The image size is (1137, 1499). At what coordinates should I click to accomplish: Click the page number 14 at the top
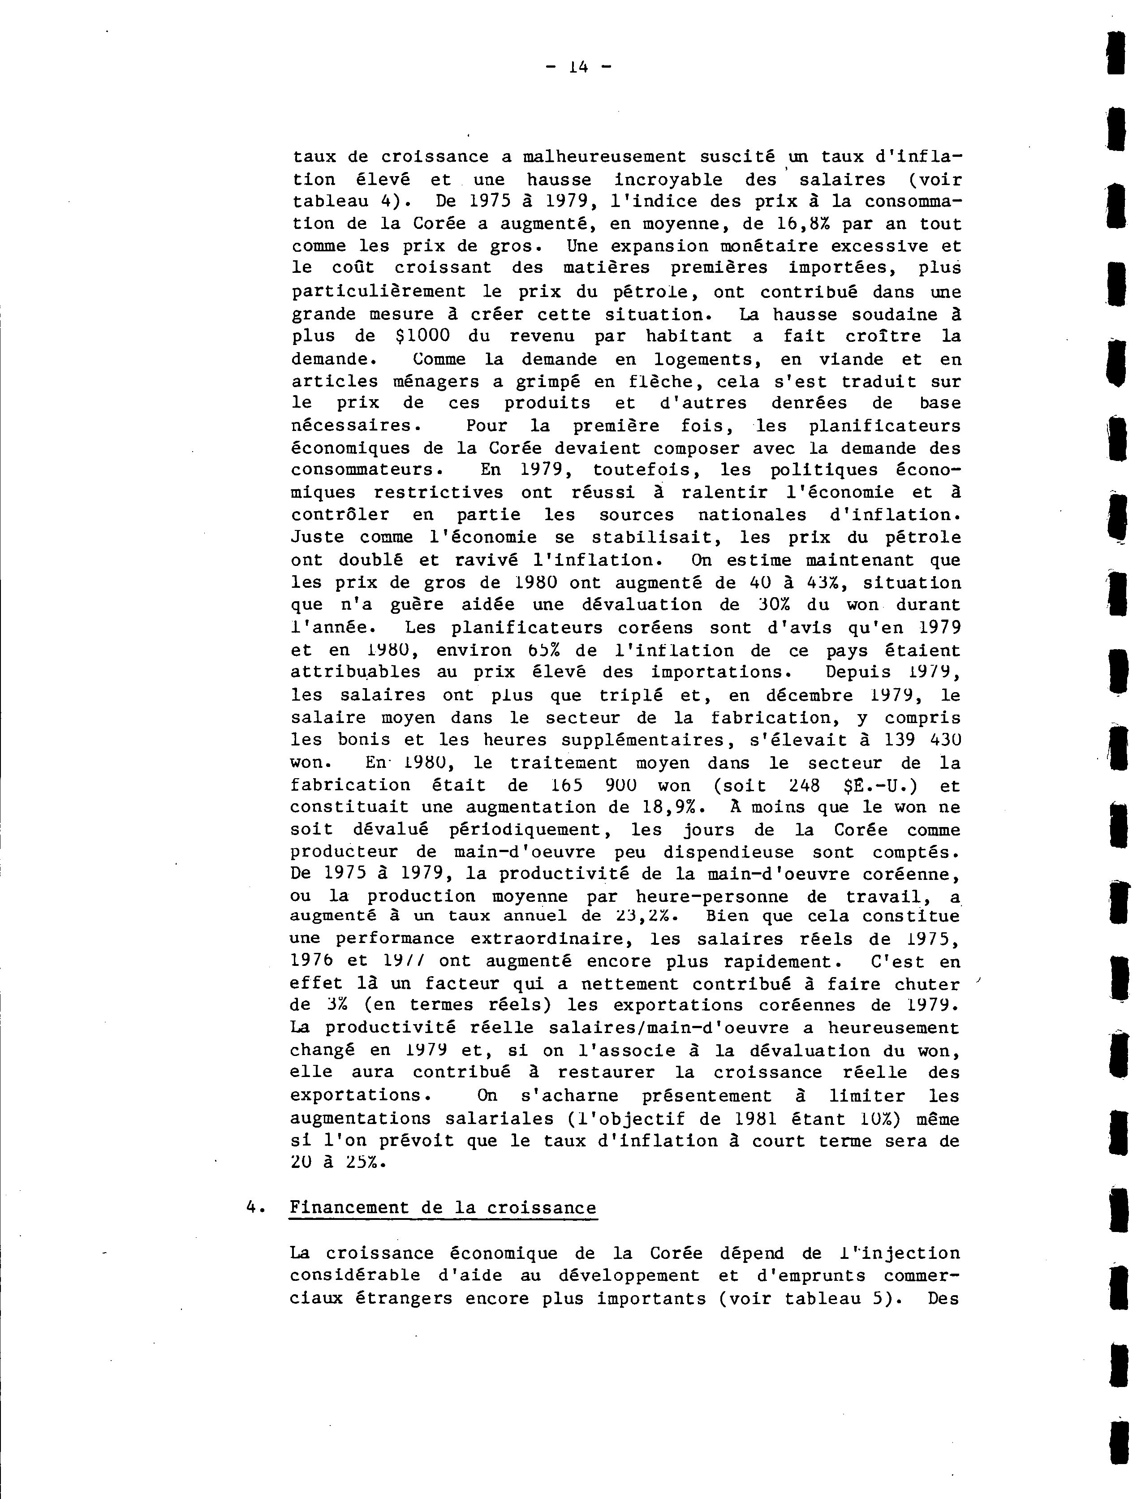(578, 66)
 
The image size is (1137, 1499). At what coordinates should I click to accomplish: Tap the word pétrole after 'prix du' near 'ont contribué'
(655, 292)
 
